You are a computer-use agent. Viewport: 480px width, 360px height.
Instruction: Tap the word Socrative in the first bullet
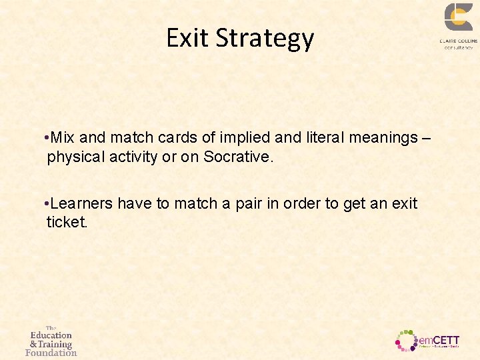tap(236, 158)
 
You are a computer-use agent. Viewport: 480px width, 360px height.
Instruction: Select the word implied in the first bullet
tap(245, 138)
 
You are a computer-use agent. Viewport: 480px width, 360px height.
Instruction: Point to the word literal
tap(322, 138)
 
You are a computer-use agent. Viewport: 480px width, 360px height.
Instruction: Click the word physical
tap(76, 158)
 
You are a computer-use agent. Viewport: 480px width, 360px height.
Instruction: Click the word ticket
tap(66, 223)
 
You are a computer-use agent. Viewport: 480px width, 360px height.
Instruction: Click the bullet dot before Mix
tap(44, 138)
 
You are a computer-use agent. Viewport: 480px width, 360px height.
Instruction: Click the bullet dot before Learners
tap(44, 203)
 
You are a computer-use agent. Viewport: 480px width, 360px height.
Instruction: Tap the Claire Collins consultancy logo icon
tap(458, 18)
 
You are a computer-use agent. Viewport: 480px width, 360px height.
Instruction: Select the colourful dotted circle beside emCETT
tap(406, 340)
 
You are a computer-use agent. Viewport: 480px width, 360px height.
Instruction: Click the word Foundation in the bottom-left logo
tap(51, 353)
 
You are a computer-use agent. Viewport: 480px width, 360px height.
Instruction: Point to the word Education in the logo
tap(51, 335)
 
